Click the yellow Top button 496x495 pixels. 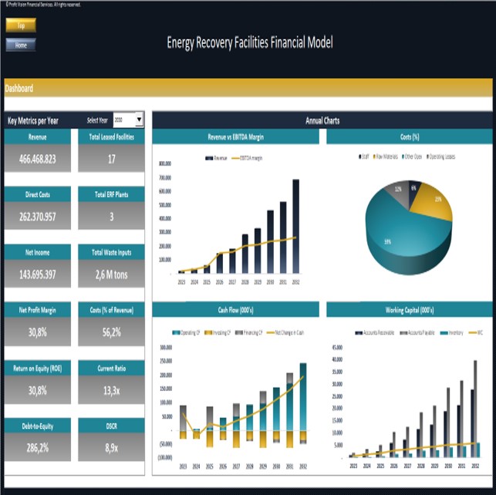21,25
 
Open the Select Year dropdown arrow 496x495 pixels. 139,120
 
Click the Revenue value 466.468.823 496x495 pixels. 37,158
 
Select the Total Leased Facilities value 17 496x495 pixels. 111,158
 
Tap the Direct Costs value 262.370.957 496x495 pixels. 37,217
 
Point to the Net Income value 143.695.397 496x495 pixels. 37,274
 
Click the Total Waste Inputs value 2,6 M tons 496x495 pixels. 111,274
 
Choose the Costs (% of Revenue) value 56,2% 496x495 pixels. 111,332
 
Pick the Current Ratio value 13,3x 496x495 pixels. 111,390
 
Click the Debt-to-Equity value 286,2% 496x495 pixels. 37,448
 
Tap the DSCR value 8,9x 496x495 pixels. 111,448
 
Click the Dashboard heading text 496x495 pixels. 19,89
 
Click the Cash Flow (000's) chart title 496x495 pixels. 235,309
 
